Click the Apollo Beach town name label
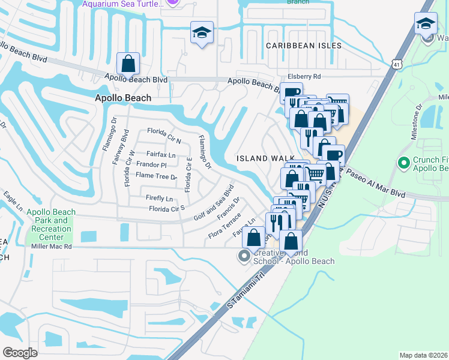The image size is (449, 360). [x=123, y=98]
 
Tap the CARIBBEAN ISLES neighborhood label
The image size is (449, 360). [x=304, y=46]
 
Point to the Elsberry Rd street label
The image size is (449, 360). [x=304, y=76]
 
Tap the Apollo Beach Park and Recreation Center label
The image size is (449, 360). [x=51, y=224]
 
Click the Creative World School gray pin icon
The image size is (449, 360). [x=244, y=257]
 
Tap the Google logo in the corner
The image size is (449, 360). [x=20, y=352]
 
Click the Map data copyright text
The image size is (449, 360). [x=423, y=355]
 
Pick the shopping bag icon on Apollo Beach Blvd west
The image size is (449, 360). [x=128, y=62]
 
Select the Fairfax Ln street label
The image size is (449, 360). [x=161, y=154]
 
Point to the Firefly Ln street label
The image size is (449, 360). [x=159, y=198]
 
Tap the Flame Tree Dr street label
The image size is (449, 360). [x=156, y=176]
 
